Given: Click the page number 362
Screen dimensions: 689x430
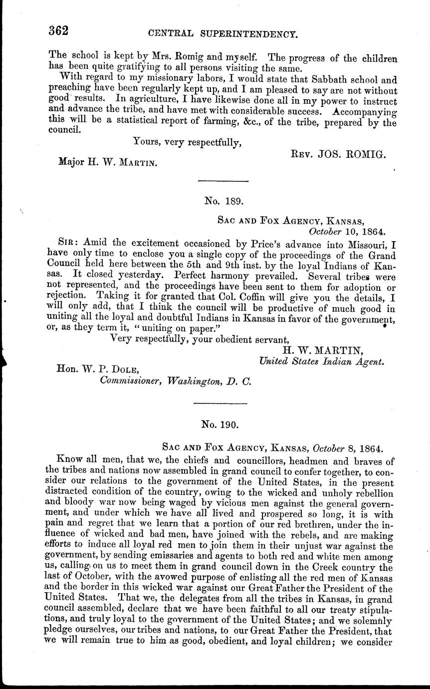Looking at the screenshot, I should [59, 30].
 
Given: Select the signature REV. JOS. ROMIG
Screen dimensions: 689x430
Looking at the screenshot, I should [338, 156].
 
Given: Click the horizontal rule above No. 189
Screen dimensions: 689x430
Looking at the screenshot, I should [220, 180].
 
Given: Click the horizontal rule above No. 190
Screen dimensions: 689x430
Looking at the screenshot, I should [220, 402].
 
